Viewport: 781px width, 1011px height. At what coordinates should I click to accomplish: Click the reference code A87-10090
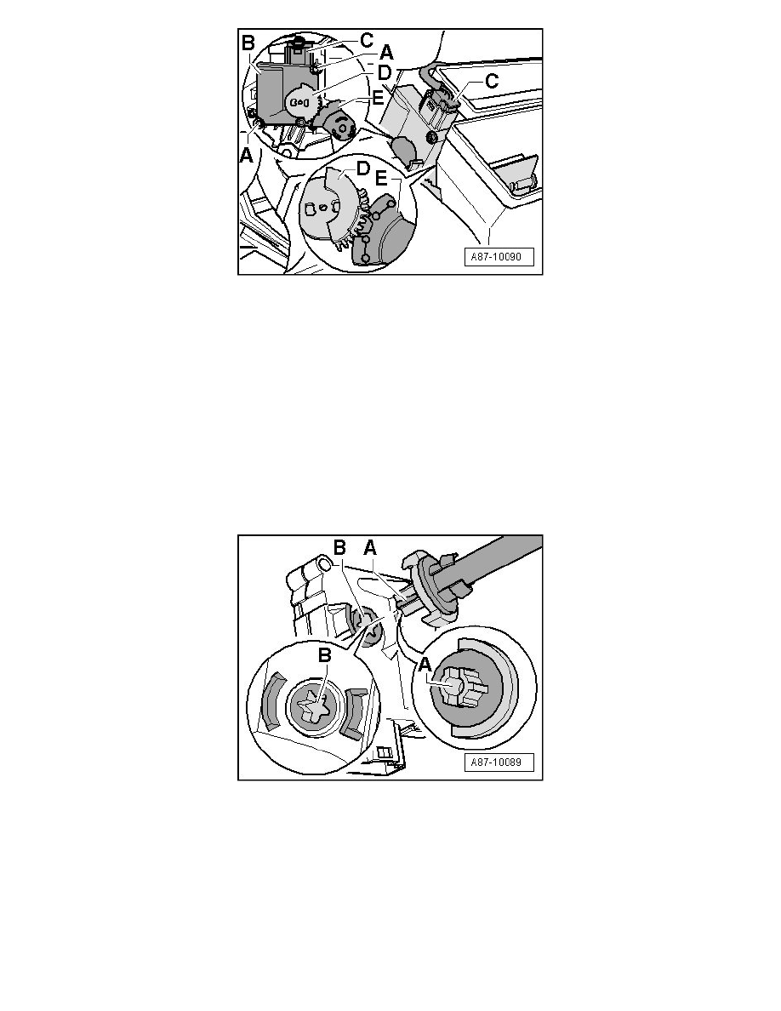(495, 257)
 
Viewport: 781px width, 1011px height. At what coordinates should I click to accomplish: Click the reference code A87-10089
(495, 763)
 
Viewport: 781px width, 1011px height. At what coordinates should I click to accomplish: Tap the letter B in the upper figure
(248, 43)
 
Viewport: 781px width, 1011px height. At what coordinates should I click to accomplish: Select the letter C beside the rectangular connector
(492, 81)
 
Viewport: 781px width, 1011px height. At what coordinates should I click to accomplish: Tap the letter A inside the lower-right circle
(425, 665)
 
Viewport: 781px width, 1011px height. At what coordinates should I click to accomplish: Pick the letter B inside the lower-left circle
(325, 655)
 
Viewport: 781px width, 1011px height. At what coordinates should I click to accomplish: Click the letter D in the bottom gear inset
(363, 169)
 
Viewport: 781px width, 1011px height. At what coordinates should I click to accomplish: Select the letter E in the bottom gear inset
(381, 179)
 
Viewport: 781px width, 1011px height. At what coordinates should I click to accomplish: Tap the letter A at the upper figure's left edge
(246, 156)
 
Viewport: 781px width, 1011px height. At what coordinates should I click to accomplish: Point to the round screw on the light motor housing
(431, 136)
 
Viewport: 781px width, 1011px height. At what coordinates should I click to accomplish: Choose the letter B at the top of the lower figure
(339, 548)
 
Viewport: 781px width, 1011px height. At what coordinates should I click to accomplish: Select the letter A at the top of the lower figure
(370, 548)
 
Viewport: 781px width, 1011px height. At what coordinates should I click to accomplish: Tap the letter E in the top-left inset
(378, 99)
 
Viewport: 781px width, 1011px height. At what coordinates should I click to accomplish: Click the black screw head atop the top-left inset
(298, 42)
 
